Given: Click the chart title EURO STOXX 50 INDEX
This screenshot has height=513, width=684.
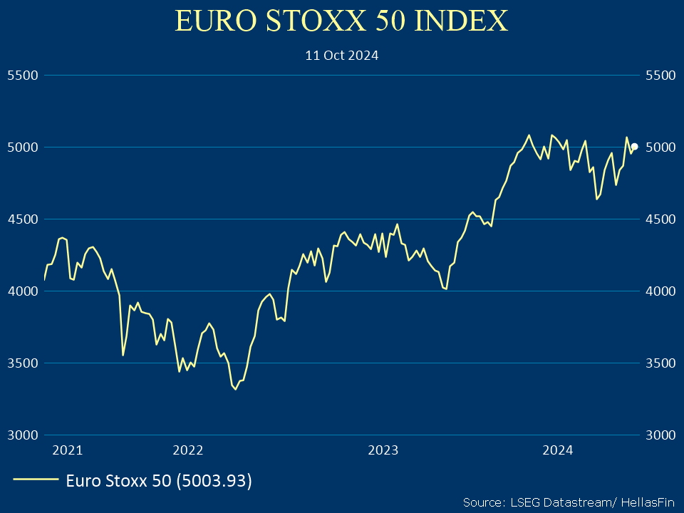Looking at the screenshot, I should [341, 21].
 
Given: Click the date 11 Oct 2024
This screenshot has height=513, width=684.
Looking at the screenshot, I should [341, 55].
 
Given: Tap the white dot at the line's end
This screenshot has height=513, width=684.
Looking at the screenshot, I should [634, 147].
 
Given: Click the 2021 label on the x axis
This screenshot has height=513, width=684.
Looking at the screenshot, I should [68, 450].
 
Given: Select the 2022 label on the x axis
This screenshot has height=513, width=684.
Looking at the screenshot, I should [188, 450].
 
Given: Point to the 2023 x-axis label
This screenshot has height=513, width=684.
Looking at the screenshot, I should [383, 450].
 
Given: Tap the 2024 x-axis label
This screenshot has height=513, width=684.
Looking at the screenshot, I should [558, 450].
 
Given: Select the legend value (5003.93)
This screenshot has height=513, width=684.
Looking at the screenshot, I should [214, 481].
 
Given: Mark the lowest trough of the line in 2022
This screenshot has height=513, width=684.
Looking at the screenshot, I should [236, 389].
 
